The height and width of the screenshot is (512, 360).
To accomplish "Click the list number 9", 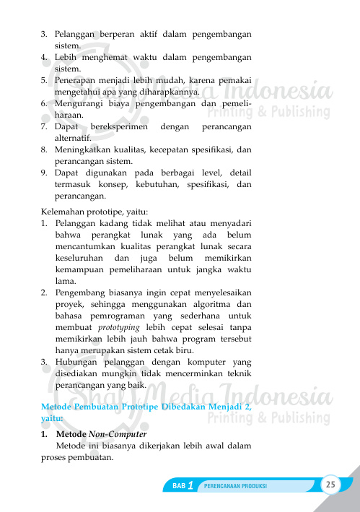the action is click(x=44, y=173).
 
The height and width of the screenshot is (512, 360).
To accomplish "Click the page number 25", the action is click(x=330, y=484).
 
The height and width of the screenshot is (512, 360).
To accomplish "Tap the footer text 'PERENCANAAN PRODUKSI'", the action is click(x=237, y=486).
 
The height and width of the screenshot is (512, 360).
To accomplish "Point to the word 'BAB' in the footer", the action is click(x=180, y=486).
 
